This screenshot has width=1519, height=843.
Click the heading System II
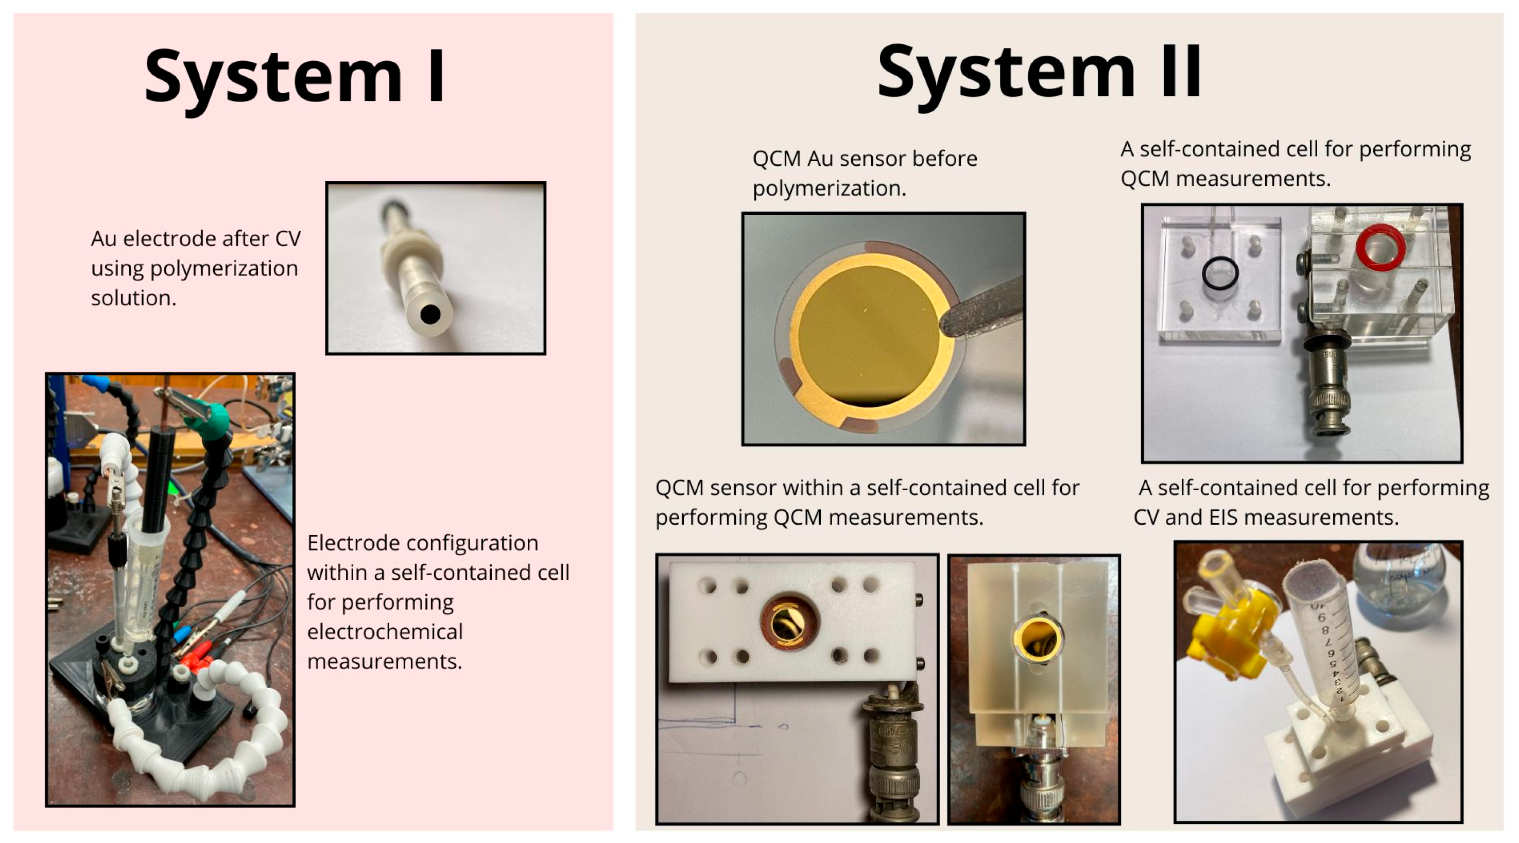pos(1039,72)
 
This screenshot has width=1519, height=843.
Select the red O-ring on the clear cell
pos(1380,247)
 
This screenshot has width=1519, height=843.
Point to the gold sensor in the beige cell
pos(1036,640)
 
